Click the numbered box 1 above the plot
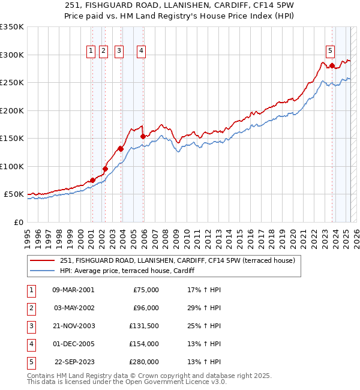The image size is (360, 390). (90, 52)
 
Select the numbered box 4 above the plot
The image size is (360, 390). (141, 52)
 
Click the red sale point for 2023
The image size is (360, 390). (332, 65)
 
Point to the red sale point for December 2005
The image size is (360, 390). (143, 136)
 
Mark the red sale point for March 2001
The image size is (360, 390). (92, 180)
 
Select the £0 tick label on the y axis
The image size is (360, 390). (18, 222)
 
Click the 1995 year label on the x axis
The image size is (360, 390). (27, 235)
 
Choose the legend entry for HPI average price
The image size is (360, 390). (131, 271)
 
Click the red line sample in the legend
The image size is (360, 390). (42, 261)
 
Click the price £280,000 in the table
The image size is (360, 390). (145, 362)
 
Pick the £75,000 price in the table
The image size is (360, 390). (146, 290)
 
